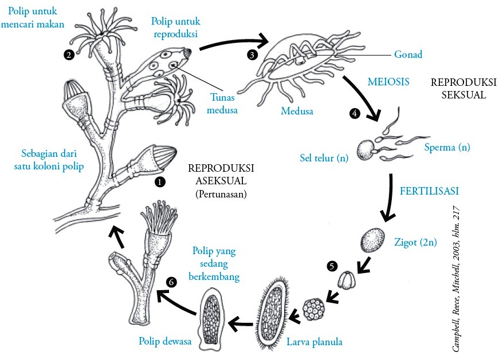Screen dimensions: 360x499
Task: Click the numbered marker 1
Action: [160, 181]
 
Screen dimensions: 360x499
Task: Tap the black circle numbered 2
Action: [69, 55]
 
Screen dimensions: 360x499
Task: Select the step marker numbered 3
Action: [251, 55]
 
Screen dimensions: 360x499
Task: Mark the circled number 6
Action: [170, 282]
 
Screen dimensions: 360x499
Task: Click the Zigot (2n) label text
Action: [415, 242]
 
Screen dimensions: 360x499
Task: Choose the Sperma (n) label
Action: [447, 147]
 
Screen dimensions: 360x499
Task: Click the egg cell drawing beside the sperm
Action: [366, 150]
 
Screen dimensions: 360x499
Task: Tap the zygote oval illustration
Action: [372, 241]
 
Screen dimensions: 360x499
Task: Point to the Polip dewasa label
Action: [163, 341]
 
